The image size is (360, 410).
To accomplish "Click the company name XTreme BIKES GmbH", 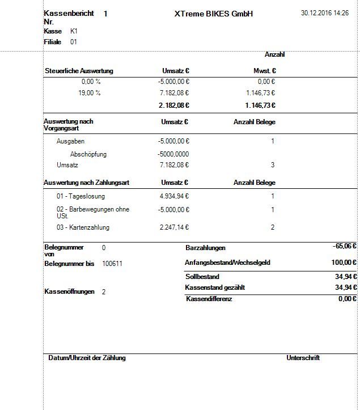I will click(x=213, y=14).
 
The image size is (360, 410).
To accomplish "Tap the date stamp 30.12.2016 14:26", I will click(x=325, y=12).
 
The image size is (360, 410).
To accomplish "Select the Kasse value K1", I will click(x=74, y=31).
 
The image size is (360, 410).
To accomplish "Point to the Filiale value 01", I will click(x=74, y=42).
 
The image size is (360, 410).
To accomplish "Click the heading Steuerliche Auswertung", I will click(x=79, y=71).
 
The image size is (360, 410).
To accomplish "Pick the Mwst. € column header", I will click(x=264, y=71).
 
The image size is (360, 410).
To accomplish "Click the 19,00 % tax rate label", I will click(x=90, y=93).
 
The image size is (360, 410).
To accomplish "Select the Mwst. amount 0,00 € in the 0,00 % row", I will click(x=265, y=82).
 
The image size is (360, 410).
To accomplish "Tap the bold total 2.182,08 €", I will click(x=174, y=105).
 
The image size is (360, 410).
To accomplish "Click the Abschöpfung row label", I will click(x=88, y=154).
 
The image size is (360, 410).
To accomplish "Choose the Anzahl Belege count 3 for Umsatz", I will click(x=272, y=165).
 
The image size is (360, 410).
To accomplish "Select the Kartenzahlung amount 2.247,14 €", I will click(x=174, y=227).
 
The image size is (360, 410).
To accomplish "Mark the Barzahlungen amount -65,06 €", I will click(x=345, y=247).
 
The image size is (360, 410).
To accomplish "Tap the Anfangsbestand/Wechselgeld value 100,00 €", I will click(x=343, y=263).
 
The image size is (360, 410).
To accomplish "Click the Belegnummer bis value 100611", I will click(x=112, y=264).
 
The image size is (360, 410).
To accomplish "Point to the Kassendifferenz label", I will click(x=209, y=299).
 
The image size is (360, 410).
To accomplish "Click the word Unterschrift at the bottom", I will click(x=303, y=358).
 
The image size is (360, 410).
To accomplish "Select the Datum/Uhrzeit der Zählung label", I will click(x=87, y=358).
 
